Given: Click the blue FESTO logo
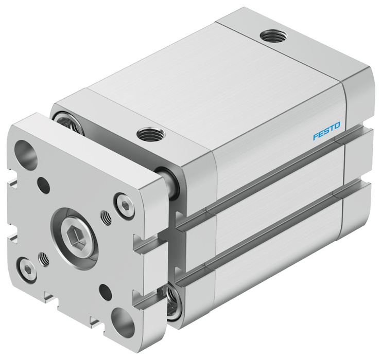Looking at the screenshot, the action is pos(326,131).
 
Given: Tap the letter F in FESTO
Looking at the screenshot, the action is pos(316,137).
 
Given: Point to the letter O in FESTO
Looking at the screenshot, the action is pos(337,125).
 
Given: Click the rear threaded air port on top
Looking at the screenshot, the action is pos(273,36).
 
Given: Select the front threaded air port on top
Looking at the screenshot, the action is pos(151,134).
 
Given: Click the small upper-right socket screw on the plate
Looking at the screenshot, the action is pos(125,205).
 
